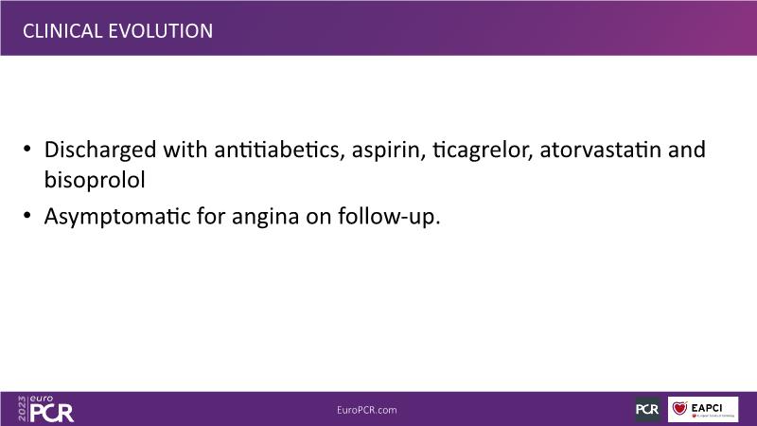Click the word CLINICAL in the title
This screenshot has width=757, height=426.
[x=62, y=31]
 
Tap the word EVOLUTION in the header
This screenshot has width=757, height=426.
[x=160, y=31]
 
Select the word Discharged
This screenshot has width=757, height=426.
[x=100, y=151]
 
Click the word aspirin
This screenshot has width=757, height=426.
[x=389, y=151]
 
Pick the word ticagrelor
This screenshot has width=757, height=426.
[x=483, y=151]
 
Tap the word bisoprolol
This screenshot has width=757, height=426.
[x=95, y=180]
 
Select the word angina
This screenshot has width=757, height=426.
[x=266, y=217]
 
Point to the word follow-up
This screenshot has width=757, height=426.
[x=389, y=217]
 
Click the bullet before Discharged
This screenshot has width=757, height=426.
[x=27, y=149]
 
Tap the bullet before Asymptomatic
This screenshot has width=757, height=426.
[x=27, y=215]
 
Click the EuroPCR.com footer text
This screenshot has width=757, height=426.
[x=367, y=410]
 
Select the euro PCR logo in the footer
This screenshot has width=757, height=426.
[x=45, y=409]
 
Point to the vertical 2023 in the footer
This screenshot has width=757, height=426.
[x=22, y=409]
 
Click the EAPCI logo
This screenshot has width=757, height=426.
[x=703, y=409]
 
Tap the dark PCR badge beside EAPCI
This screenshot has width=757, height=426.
[x=647, y=409]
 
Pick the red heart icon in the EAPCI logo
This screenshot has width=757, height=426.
[x=679, y=408]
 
